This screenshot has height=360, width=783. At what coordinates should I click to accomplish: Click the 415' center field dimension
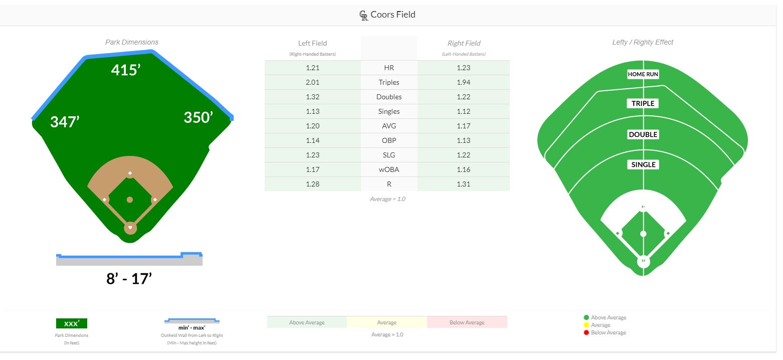coord(125,70)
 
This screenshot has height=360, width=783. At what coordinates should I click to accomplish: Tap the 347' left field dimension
coord(65,121)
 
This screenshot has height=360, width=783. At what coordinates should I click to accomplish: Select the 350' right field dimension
coord(198,117)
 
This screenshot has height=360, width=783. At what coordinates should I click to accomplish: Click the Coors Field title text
coord(393,15)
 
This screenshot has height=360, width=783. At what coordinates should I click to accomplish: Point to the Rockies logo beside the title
coord(364,16)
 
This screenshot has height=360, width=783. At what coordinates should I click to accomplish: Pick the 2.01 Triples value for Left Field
coord(312,82)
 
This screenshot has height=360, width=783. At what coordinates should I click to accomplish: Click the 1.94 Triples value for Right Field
coord(463,82)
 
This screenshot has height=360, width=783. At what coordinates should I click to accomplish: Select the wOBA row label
coord(389,169)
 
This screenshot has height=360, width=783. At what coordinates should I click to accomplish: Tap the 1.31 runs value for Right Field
coord(463,184)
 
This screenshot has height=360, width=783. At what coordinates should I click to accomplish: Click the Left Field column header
coord(312,43)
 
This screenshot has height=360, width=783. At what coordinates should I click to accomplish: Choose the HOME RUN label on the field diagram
coord(643,74)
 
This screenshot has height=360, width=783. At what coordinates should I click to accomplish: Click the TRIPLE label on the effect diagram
coord(643,103)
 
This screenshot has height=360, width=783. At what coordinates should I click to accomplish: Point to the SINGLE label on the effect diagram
coord(643,164)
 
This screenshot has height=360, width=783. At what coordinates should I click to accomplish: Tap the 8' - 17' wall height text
coord(129,279)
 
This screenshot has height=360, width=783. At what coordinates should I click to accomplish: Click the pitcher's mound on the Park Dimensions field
coord(130,200)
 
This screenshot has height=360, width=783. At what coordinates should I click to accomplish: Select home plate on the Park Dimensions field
coord(130,228)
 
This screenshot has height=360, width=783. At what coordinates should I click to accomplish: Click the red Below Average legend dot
coord(586,332)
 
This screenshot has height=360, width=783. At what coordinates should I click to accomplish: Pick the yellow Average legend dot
coord(586,325)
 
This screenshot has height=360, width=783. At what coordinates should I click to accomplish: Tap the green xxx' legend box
coord(71,323)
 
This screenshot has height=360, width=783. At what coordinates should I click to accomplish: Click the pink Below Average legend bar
coord(467,322)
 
